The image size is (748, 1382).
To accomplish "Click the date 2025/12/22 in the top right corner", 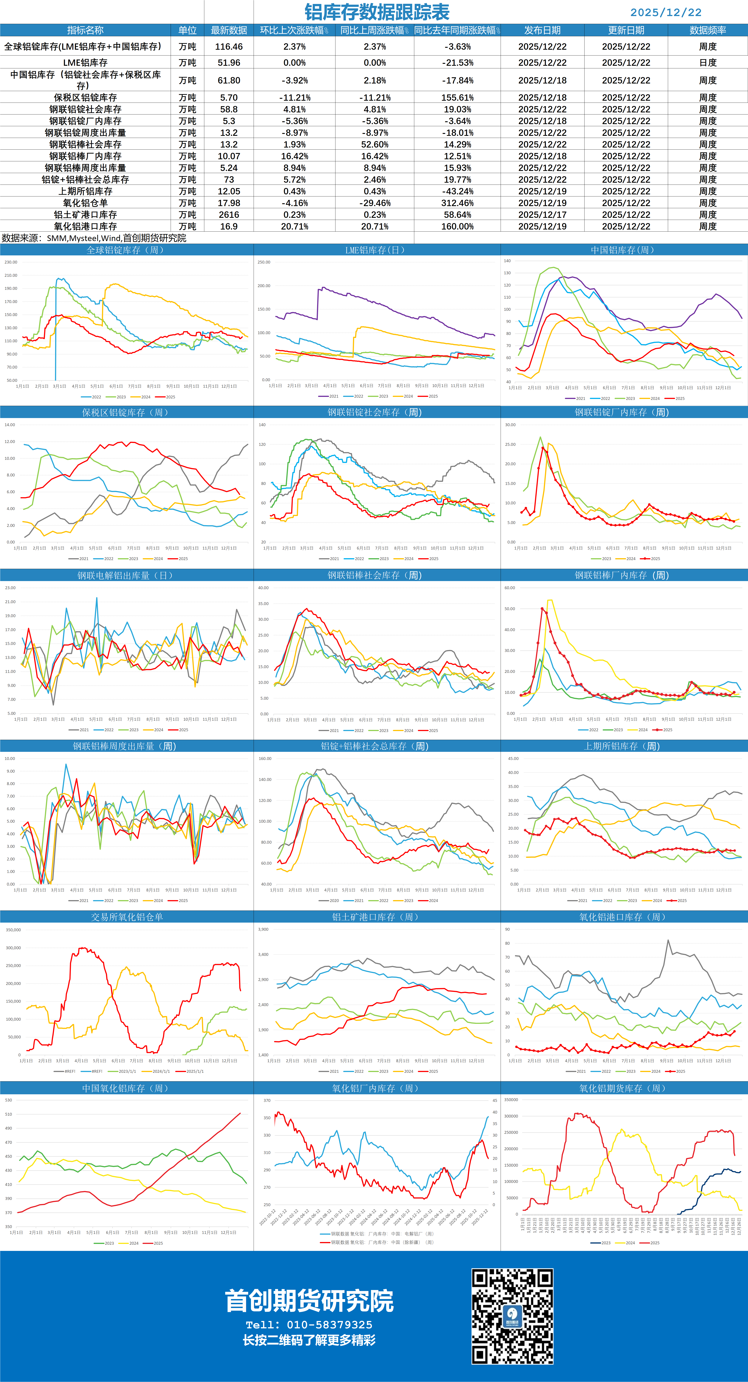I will (665, 12).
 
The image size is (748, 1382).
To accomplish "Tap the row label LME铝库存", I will (85, 63).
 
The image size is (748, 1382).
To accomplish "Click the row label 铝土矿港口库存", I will (85, 215).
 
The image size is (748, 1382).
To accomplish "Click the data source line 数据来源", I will (94, 238).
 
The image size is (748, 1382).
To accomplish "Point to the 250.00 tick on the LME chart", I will (264, 262).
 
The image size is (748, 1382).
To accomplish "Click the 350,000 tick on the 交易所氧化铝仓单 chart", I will (13, 930).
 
